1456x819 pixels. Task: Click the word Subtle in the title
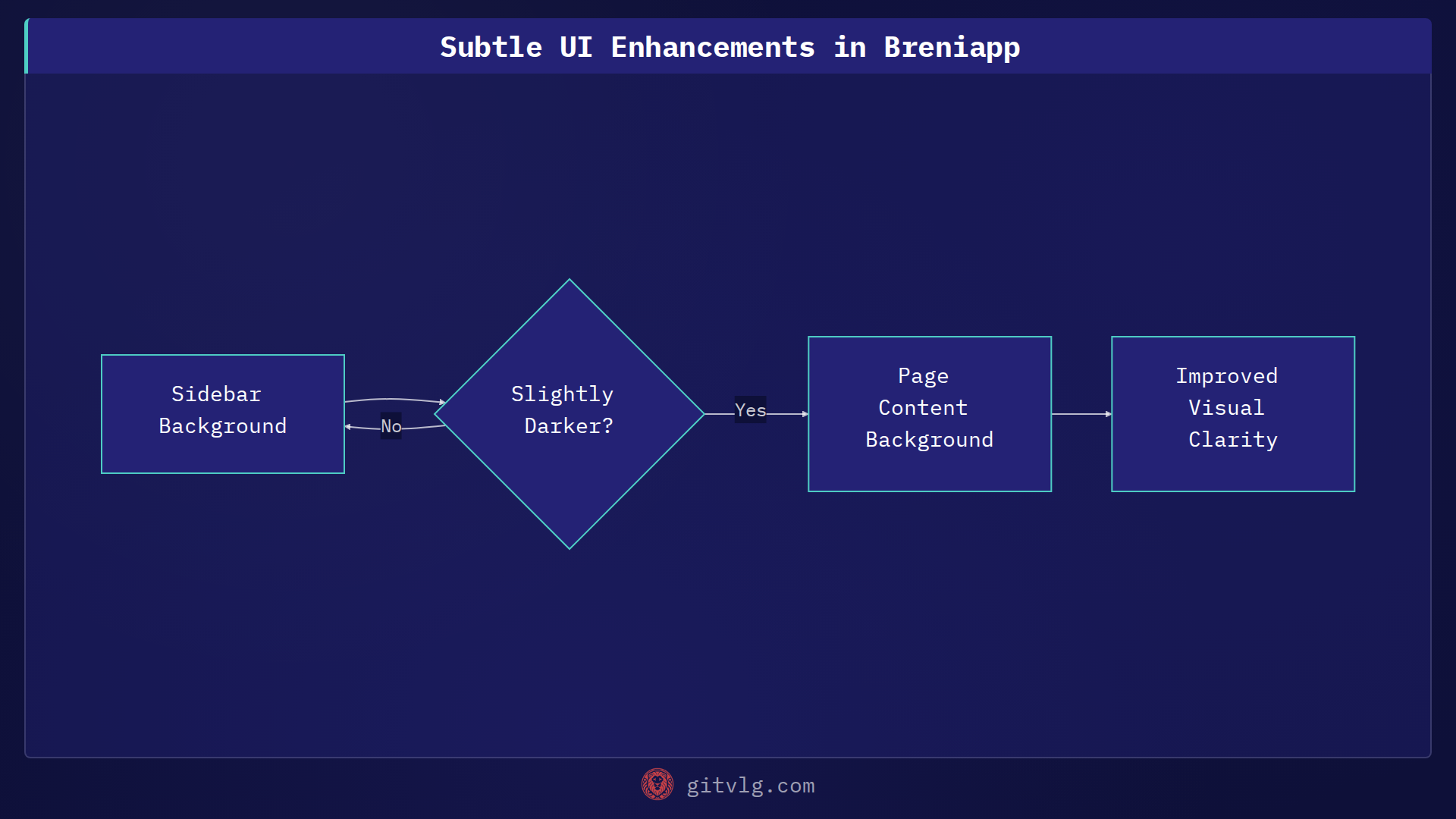491,47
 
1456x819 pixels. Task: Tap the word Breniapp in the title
952,47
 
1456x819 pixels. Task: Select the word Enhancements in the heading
713,47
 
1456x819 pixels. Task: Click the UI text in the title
576,47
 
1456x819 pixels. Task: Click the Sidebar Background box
222,414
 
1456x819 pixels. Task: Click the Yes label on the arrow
750,410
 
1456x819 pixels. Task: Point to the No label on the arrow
391,426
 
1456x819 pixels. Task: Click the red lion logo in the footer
657,784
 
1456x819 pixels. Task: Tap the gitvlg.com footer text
750,786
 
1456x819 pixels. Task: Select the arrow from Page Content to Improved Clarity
1081,414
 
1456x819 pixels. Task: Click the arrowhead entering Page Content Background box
805,414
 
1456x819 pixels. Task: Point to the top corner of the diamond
570,281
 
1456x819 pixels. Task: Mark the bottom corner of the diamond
570,548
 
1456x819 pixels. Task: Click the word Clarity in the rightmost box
1233,440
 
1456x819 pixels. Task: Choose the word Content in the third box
923,408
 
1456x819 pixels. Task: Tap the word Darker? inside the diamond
569,426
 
